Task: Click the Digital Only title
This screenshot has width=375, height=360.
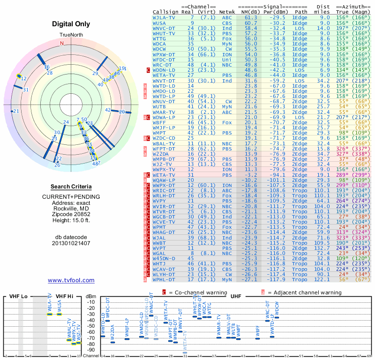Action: [71, 24]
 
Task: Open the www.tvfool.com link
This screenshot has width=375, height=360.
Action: [71, 280]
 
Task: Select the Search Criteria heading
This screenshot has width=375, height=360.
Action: [71, 187]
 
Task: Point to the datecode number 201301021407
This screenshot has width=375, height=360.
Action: [71, 243]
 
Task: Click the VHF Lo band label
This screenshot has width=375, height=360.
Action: [18, 296]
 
